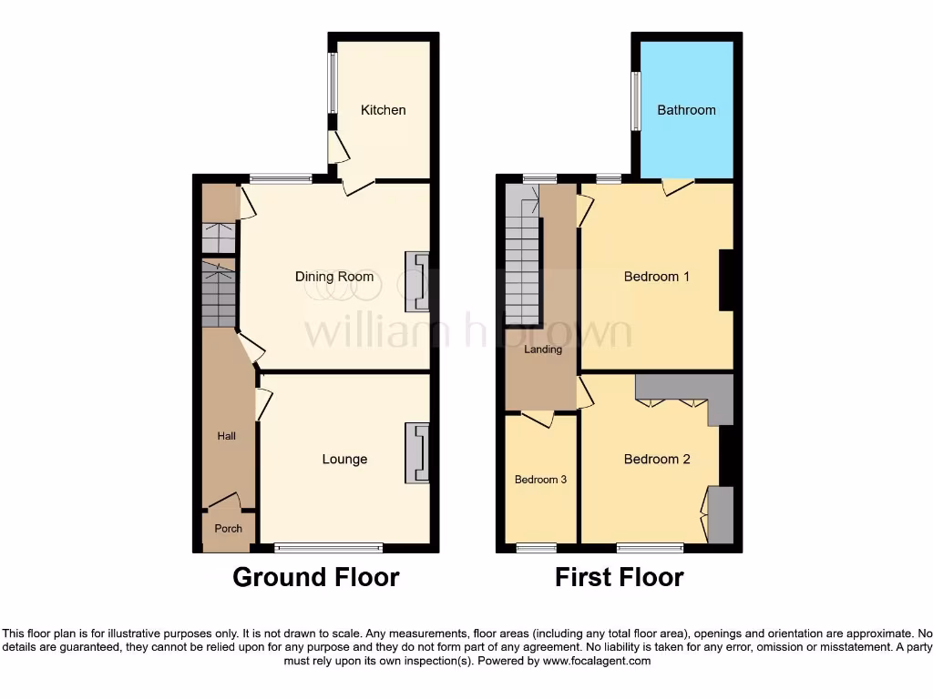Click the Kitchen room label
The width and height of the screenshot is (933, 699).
[383, 110]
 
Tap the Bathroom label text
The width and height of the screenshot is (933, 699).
[686, 110]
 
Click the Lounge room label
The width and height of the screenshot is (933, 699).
[344, 460]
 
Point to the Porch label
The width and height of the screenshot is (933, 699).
[228, 529]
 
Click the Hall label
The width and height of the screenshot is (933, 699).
[226, 437]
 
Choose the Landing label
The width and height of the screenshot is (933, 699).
[543, 349]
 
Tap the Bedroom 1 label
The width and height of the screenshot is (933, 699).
[656, 277]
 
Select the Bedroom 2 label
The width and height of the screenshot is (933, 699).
[656, 460]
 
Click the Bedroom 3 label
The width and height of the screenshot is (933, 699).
[541, 480]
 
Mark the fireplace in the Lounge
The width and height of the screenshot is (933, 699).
[417, 453]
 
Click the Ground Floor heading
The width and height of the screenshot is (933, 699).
[315, 577]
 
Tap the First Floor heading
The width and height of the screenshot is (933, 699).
[619, 577]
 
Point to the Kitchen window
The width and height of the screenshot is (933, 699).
[333, 81]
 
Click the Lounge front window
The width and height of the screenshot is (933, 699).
[329, 548]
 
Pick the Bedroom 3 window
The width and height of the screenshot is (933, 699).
[536, 548]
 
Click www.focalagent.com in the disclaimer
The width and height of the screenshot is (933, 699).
[597, 661]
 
